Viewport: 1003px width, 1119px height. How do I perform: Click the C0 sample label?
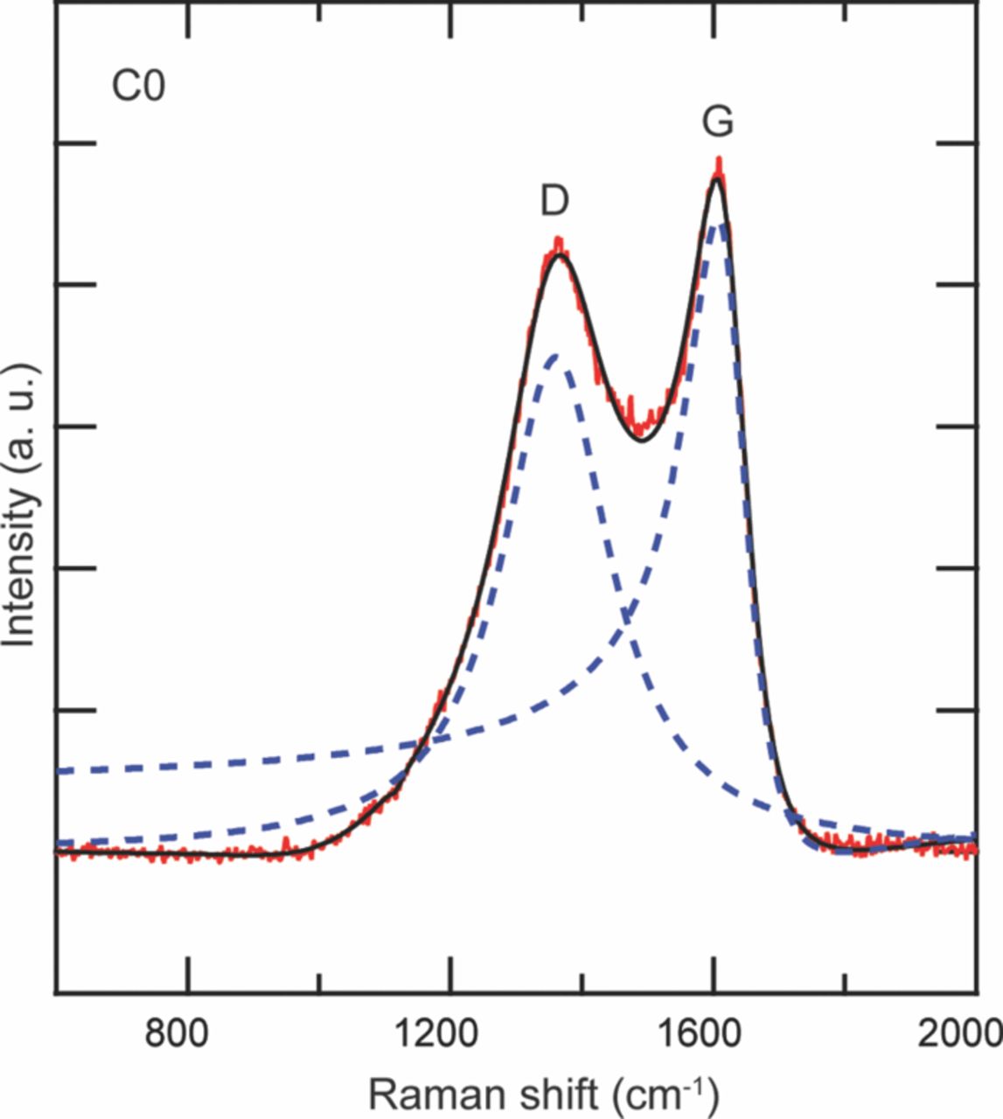coord(138,87)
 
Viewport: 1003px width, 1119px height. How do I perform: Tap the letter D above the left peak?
coord(554,202)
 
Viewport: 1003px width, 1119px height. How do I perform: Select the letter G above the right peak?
coord(718,122)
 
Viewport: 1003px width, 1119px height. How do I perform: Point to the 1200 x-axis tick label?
coord(449,1035)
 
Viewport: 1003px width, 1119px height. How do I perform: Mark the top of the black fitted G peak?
coord(716,179)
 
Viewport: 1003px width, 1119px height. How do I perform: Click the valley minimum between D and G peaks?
coord(643,440)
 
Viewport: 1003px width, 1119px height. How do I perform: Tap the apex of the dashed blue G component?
coord(719,226)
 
